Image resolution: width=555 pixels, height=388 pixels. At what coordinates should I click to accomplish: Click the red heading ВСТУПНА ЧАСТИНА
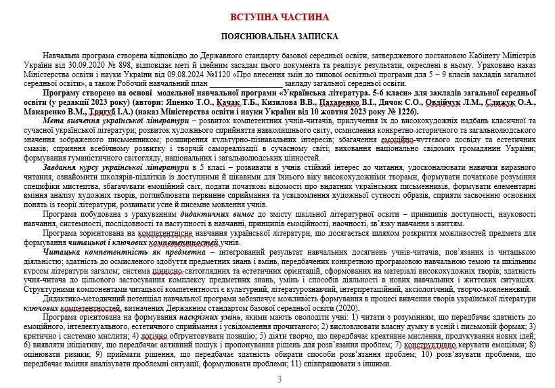pos(280,16)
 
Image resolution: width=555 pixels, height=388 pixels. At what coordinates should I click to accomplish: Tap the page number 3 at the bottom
pos(280,379)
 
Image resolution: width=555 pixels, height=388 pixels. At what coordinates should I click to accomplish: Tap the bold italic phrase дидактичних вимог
pos(204,215)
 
